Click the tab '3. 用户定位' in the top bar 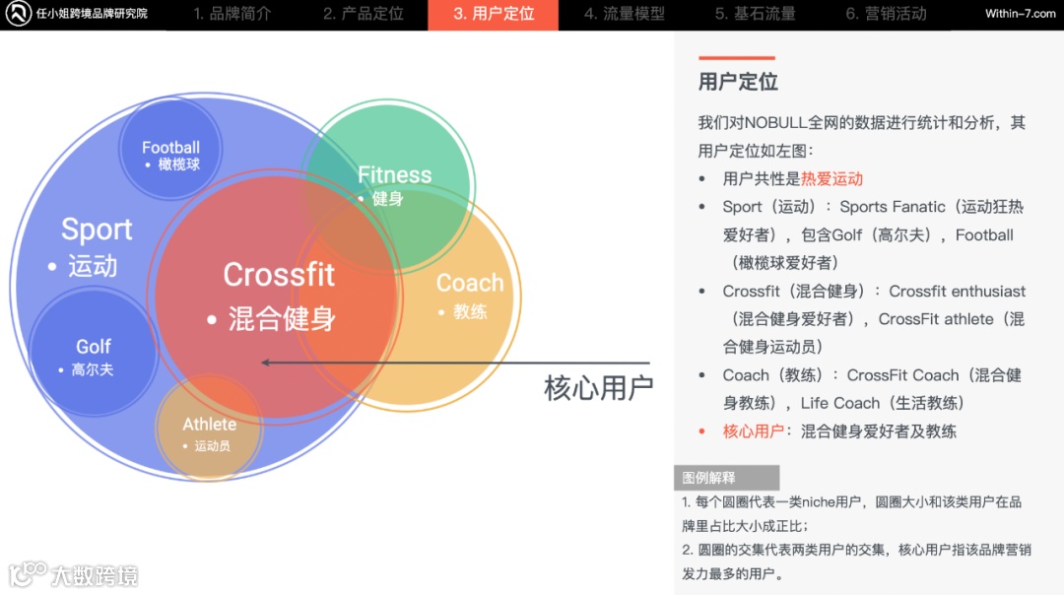point(494,14)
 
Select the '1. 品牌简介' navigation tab point(232,14)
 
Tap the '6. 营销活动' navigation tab point(886,14)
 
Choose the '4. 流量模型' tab point(624,14)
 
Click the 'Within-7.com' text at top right point(1020,14)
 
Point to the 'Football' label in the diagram point(170,148)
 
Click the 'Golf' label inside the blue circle point(94,347)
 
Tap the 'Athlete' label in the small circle point(209,425)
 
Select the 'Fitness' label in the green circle point(394,175)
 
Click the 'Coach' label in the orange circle point(470,284)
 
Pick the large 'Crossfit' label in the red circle point(279,275)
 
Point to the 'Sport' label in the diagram point(97,230)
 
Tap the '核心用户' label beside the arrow point(599,387)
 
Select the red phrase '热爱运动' point(831,178)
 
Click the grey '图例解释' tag point(709,478)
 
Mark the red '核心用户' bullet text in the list point(754,430)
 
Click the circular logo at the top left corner point(18,14)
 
